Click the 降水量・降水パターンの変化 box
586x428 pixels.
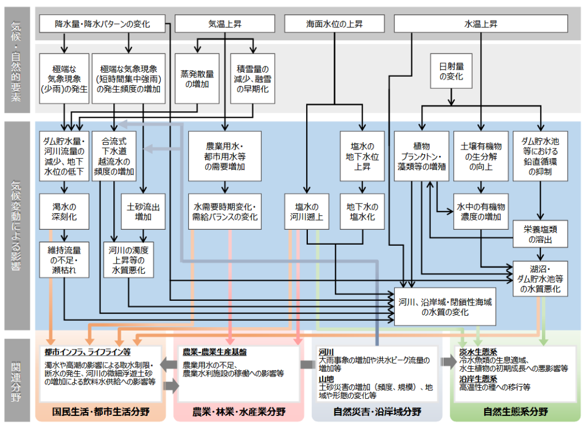pos(102,24)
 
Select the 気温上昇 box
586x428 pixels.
pos(224,24)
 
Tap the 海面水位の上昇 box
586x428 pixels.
pos(334,24)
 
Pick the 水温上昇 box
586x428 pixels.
pos(480,24)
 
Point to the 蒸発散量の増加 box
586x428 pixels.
pos(197,78)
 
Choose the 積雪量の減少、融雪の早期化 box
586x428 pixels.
pos(252,78)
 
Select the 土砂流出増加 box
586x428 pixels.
pos(143,211)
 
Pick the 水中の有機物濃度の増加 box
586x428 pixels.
pos(481,211)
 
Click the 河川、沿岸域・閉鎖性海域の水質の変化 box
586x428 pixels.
pos(444,307)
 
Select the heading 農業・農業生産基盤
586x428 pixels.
pos(215,351)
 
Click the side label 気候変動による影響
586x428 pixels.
pos(17,226)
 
